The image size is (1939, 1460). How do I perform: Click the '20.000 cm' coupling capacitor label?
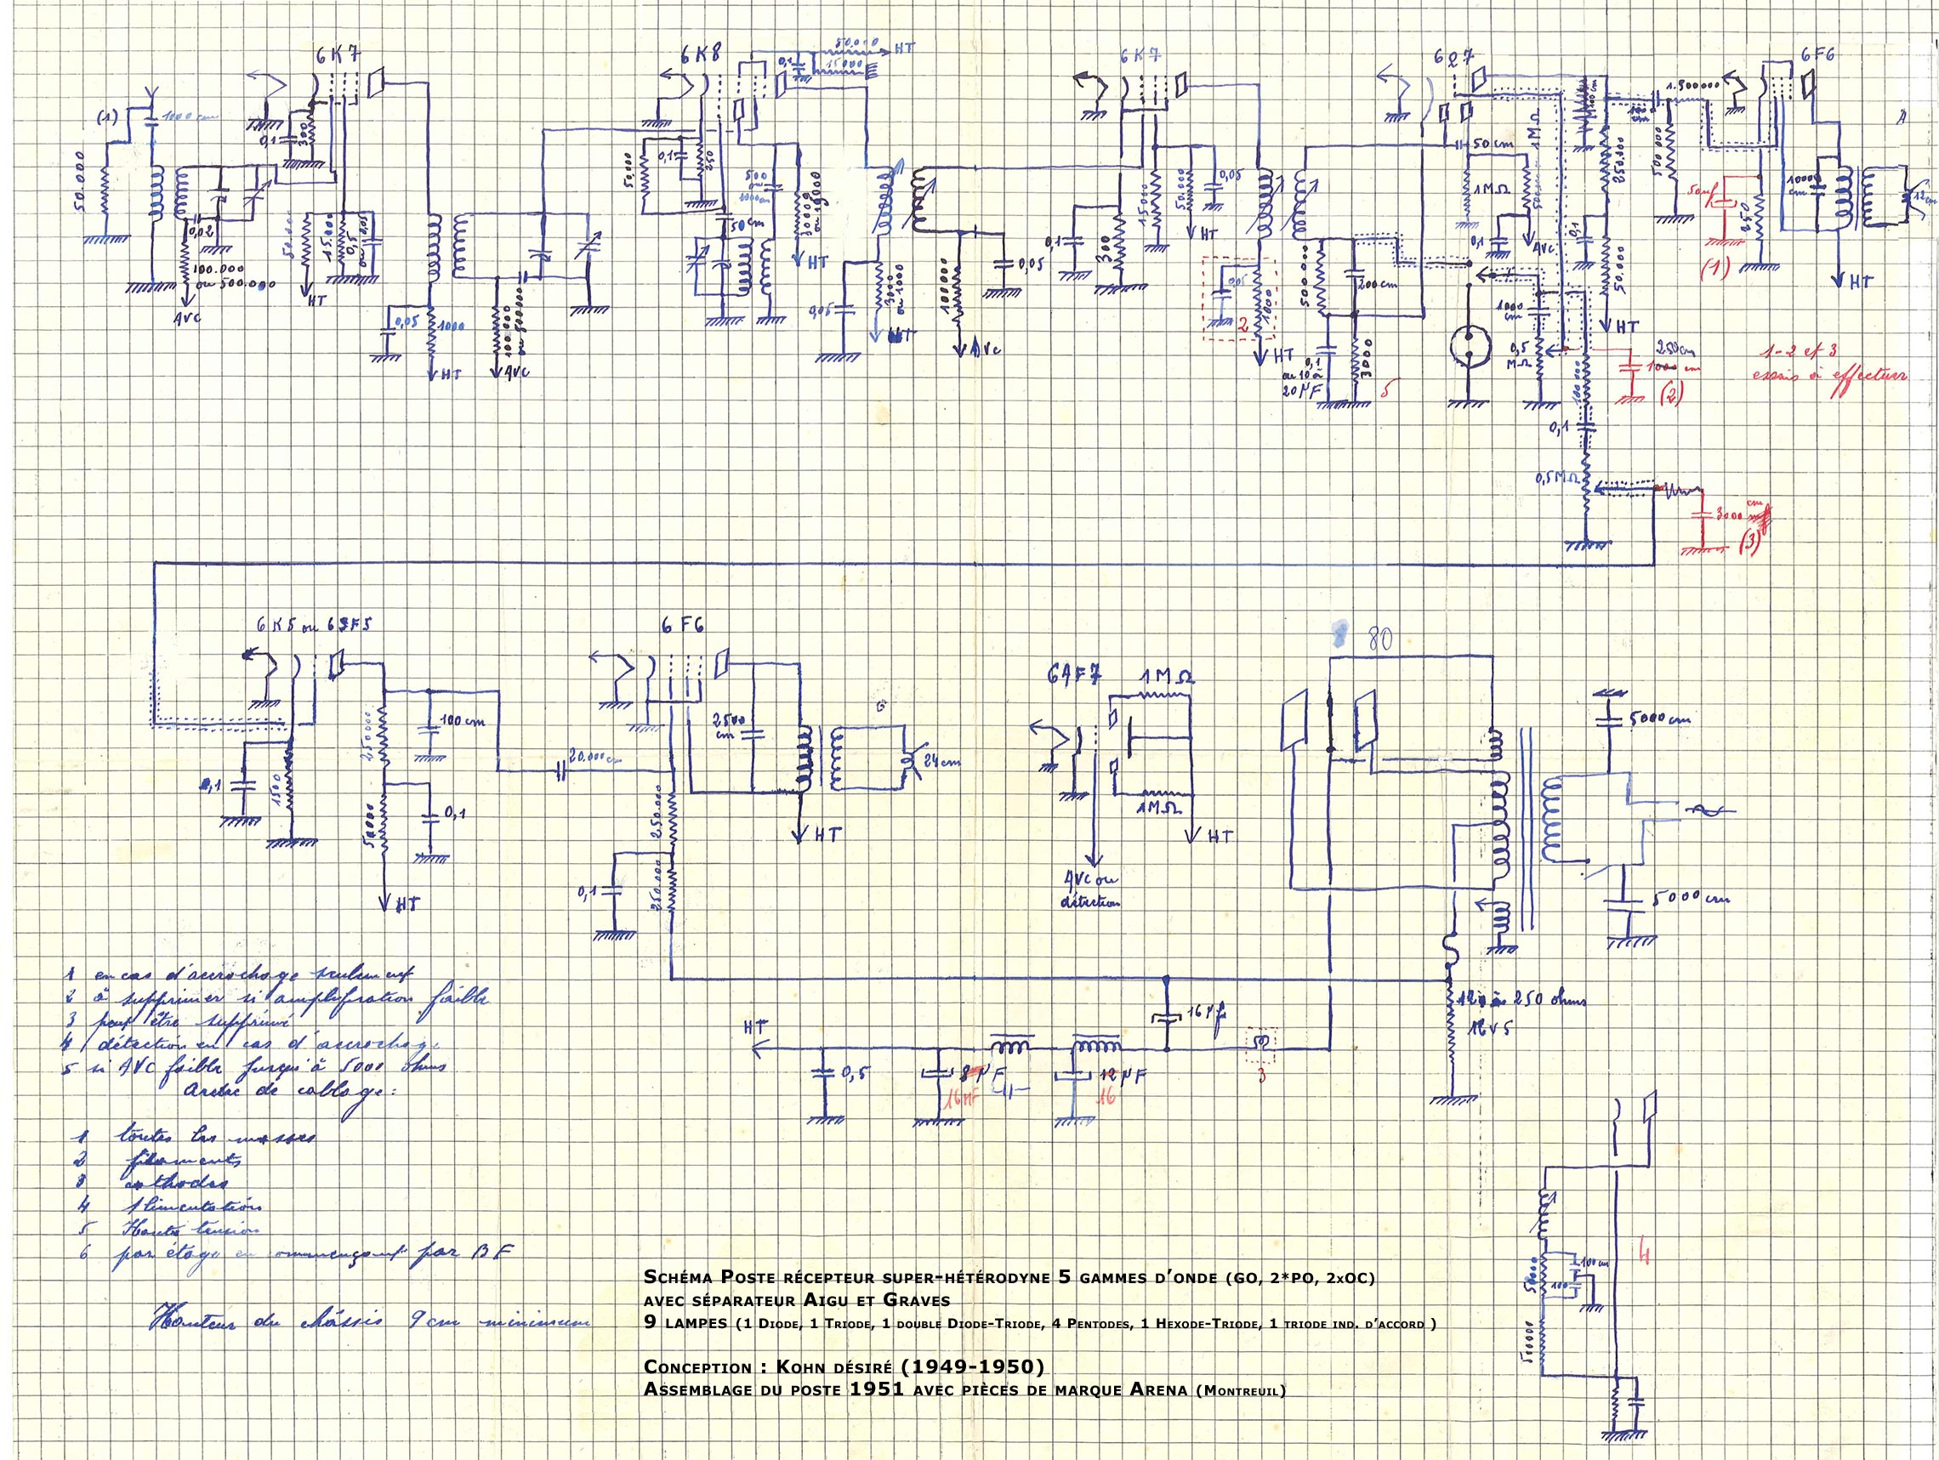click(597, 754)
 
